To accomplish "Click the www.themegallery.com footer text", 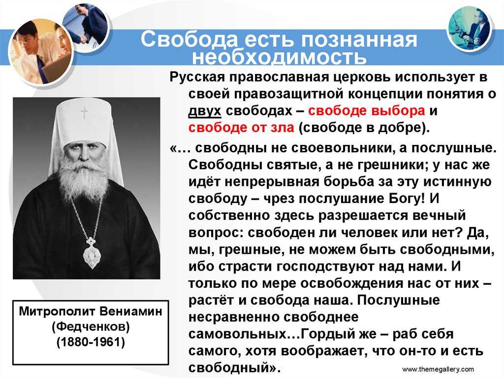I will pos(438,369).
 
